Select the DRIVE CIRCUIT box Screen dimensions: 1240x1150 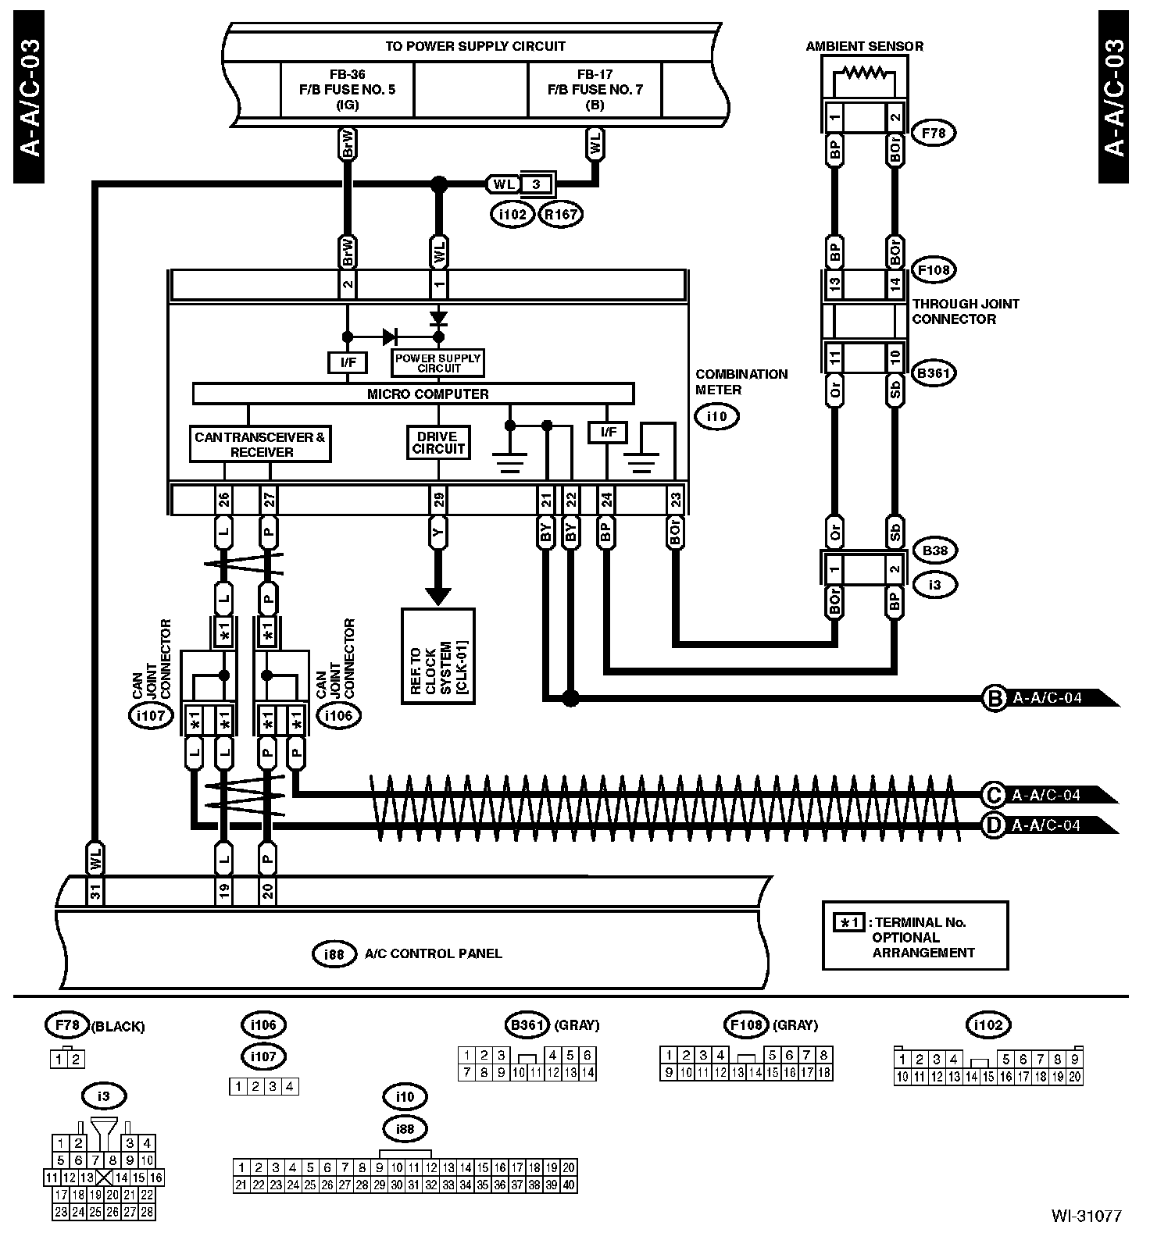(x=438, y=443)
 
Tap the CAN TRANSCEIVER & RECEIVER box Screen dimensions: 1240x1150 (x=260, y=444)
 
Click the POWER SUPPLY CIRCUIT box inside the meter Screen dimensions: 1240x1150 (x=437, y=362)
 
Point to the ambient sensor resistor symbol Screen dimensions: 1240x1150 (x=864, y=74)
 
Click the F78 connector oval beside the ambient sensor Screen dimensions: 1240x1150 (x=934, y=133)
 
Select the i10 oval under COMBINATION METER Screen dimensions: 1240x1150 (x=716, y=416)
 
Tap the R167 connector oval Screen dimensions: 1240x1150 (x=561, y=213)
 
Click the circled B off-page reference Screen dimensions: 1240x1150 (x=995, y=698)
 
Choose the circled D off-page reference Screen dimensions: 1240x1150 (x=994, y=825)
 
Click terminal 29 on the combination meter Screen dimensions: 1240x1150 (x=438, y=499)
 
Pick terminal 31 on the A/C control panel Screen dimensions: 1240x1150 (x=95, y=891)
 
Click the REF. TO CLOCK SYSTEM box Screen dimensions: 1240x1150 (x=438, y=656)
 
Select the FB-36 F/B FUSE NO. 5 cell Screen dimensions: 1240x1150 (x=347, y=89)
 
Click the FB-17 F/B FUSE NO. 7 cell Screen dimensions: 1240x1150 (x=595, y=89)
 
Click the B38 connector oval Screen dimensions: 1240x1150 (x=935, y=551)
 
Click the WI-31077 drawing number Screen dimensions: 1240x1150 (x=1086, y=1216)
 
